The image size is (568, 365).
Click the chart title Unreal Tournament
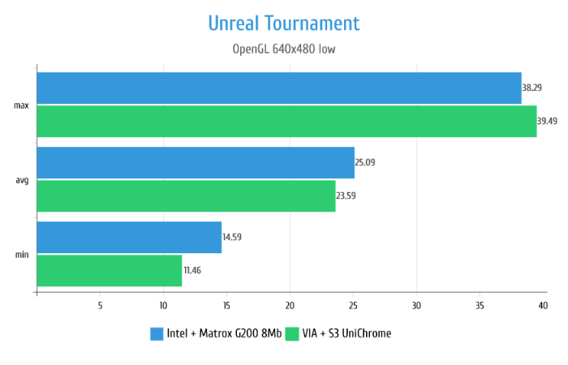coord(284,23)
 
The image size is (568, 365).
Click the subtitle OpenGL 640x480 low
coord(284,49)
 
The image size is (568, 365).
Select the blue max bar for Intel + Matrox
coord(278,88)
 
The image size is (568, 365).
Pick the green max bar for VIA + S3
coord(286,121)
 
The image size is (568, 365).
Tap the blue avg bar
coord(195,162)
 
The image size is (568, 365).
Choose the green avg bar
coord(186,195)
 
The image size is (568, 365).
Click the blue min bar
coord(129,238)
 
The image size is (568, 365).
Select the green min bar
coord(109,270)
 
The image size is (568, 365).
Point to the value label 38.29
coord(532,88)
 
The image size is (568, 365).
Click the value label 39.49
coord(547,121)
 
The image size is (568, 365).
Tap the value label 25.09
coord(364,162)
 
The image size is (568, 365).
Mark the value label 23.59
coord(346,195)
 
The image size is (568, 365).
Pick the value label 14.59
coord(231,238)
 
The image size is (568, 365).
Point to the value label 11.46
coord(193,270)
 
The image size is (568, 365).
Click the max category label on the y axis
coord(22,105)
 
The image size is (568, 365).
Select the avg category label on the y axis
coord(22,180)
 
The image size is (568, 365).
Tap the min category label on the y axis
coord(22,255)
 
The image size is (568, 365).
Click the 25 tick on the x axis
coord(353,306)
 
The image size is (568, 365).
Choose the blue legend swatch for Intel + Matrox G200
coord(157,333)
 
